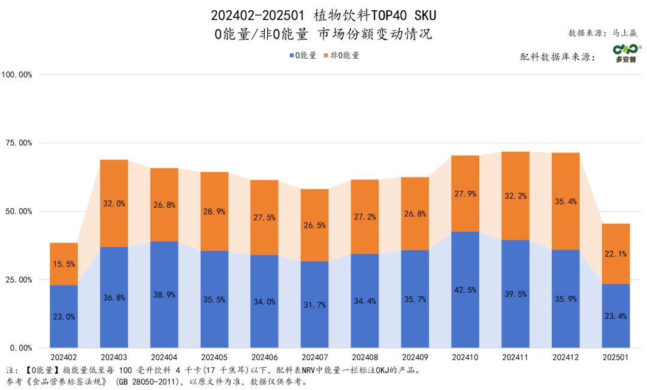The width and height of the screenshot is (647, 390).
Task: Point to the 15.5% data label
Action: point(64,264)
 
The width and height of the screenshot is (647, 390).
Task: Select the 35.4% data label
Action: point(566,202)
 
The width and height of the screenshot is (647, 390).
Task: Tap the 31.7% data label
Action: point(315,305)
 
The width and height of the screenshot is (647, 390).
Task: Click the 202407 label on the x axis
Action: point(315,358)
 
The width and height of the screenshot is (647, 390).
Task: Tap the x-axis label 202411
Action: point(515,358)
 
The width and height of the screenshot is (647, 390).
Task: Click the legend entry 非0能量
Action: point(341,55)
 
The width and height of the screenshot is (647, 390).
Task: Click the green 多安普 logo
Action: point(625,53)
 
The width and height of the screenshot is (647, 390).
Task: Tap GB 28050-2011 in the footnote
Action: point(144,381)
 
